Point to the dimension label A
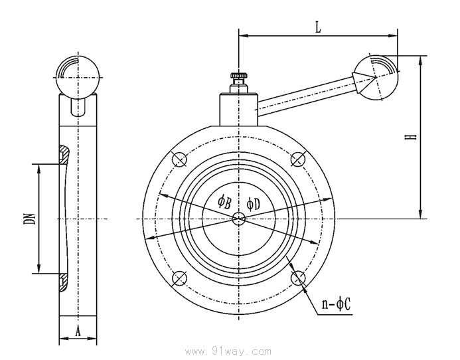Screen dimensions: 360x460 [78, 330]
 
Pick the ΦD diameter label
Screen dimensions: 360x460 [253, 203]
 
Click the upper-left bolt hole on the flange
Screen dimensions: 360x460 [177, 159]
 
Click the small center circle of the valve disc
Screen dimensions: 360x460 [238, 219]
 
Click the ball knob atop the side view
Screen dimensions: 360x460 [78, 76]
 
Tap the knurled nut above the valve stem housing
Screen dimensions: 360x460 [238, 79]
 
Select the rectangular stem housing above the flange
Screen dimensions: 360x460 [238, 109]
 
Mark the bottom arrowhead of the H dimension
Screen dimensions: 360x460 [420, 213]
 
